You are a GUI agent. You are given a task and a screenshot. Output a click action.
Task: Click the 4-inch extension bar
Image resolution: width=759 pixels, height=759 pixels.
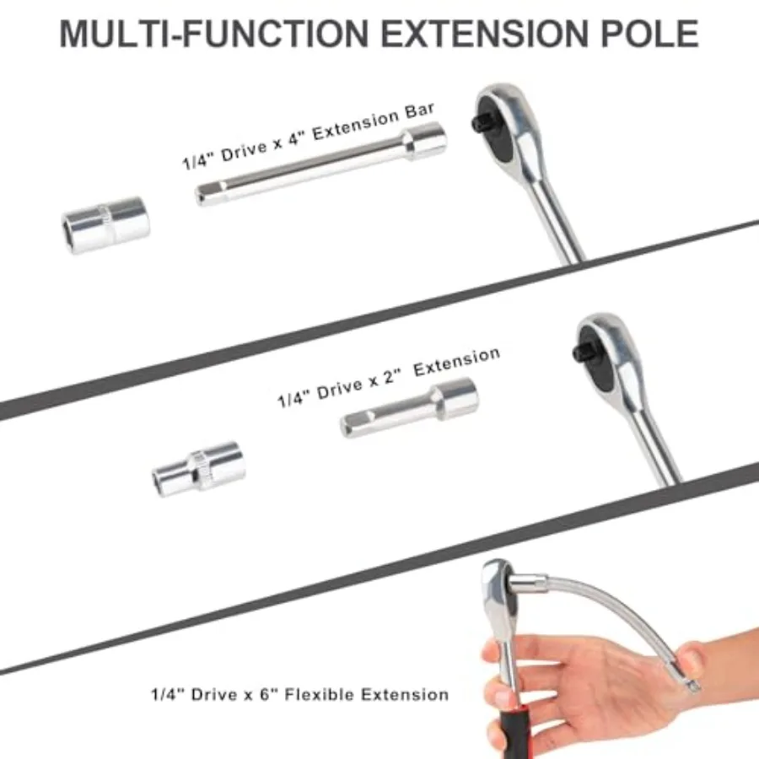(320, 164)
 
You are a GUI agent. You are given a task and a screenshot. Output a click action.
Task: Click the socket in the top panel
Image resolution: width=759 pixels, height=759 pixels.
(106, 224)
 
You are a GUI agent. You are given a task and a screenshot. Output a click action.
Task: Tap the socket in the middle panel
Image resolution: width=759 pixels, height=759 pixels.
(199, 469)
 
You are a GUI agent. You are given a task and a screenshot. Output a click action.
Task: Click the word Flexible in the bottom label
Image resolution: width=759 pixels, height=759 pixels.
(320, 695)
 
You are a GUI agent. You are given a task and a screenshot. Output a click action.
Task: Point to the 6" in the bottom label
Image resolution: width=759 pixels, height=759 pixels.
(267, 695)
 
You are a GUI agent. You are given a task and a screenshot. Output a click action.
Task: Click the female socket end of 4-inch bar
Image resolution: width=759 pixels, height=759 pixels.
(425, 141)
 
